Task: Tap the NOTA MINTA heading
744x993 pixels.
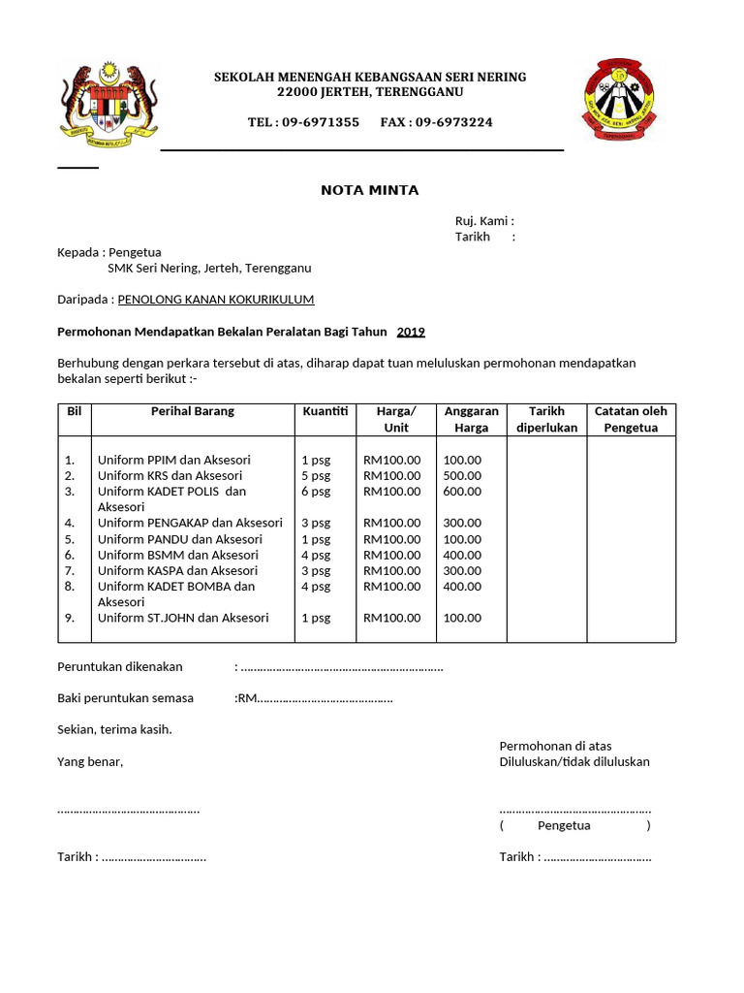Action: click(370, 190)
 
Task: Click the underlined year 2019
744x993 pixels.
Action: click(411, 332)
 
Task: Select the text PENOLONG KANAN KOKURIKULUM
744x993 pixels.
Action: click(216, 300)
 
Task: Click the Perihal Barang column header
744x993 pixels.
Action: click(193, 411)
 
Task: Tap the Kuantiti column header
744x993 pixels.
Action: click(325, 411)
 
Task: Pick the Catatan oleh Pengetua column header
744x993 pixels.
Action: click(631, 419)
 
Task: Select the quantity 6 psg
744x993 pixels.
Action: click(316, 492)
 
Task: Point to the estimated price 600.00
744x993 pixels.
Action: click(462, 492)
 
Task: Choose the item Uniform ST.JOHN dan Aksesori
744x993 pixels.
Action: click(183, 618)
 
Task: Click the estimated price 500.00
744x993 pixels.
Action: click(462, 475)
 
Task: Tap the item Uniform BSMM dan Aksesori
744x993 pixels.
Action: click(178, 555)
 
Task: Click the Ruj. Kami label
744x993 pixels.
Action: click(484, 221)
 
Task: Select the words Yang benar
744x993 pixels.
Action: click(90, 761)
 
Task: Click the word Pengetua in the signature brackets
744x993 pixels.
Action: click(564, 825)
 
